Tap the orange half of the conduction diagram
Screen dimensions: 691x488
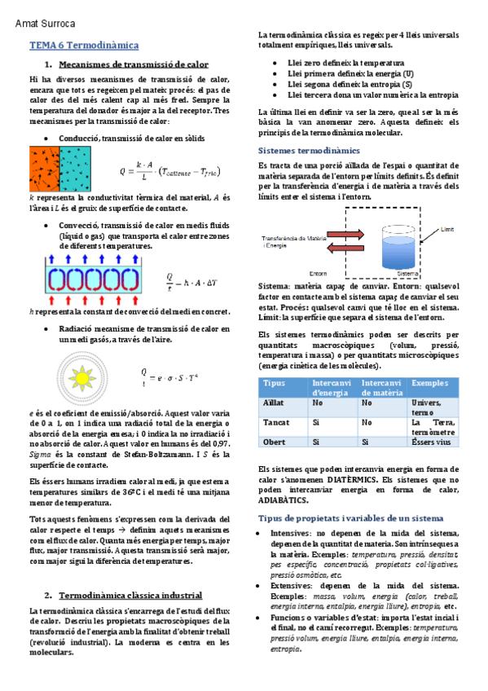pyautogui.click(x=44, y=169)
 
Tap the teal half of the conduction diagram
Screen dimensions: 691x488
pyautogui.click(x=75, y=169)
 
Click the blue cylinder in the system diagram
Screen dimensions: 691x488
pyautogui.click(x=400, y=247)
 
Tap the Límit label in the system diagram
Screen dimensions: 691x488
pyautogui.click(x=446, y=230)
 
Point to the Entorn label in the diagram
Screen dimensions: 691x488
pyautogui.click(x=318, y=274)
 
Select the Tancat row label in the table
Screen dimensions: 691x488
pyautogui.click(x=275, y=423)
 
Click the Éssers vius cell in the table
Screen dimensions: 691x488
pyautogui.click(x=431, y=442)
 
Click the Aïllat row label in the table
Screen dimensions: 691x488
pyautogui.click(x=274, y=403)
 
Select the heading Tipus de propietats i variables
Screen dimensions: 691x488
pyautogui.click(x=350, y=517)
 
